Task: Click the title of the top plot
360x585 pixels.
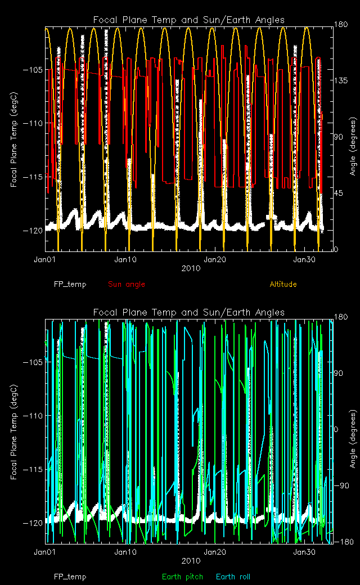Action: pos(189,20)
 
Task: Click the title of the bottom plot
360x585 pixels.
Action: pos(189,313)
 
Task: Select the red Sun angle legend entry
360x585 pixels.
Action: pos(126,284)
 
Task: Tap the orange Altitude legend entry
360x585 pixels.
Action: pos(283,284)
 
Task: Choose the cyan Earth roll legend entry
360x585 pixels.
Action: pos(233,577)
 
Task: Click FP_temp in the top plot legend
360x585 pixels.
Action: pos(70,284)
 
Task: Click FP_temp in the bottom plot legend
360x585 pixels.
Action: pos(70,577)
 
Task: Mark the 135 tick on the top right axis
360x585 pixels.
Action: pos(341,81)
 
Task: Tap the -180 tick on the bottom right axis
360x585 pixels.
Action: pos(343,542)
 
